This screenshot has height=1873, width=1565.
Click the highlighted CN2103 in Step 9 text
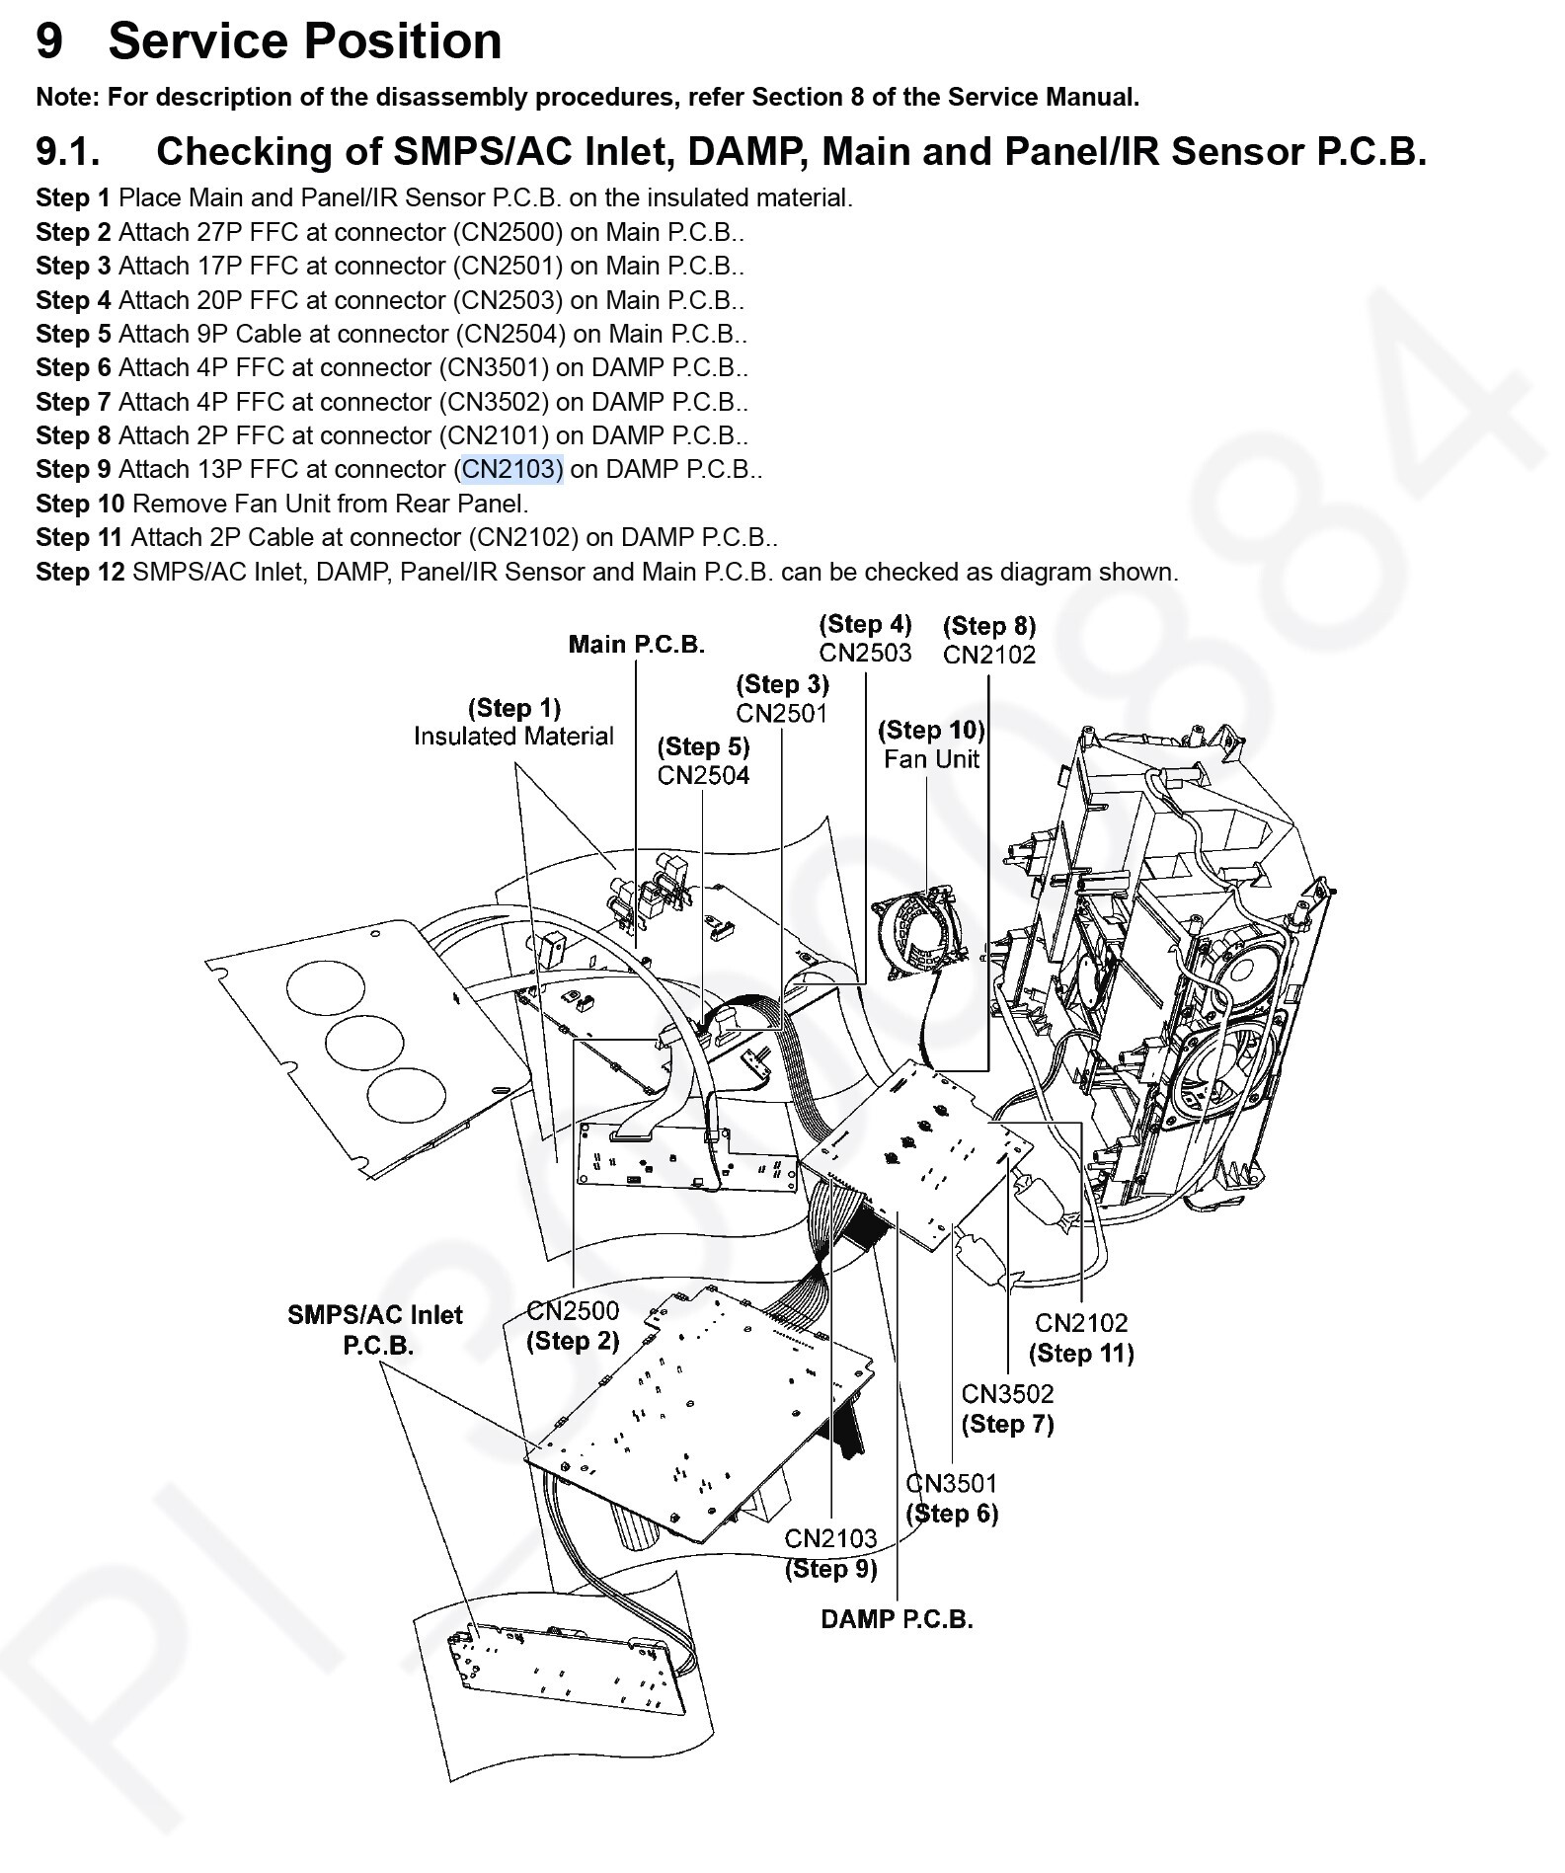click(x=512, y=469)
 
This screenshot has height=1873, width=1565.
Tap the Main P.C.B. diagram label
click(x=636, y=645)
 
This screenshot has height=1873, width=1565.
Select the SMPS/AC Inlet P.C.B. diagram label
click(x=375, y=1329)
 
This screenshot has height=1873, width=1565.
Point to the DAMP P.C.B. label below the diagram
click(x=897, y=1619)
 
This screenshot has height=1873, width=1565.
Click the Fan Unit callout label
click(x=931, y=758)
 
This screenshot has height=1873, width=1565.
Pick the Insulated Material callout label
click(x=513, y=736)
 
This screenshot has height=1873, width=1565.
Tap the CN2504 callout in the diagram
click(x=703, y=775)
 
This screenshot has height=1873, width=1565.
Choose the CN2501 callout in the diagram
click(x=782, y=713)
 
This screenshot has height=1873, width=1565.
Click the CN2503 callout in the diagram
click(x=865, y=653)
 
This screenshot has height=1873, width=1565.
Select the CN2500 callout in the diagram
click(x=573, y=1310)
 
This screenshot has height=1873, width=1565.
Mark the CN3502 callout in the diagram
click(x=1007, y=1393)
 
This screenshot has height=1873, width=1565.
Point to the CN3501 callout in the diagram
click(x=952, y=1482)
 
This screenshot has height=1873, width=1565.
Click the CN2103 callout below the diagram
click(x=830, y=1538)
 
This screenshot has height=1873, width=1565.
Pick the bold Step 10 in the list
click(x=80, y=504)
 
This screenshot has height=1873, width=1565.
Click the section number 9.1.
click(x=68, y=152)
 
